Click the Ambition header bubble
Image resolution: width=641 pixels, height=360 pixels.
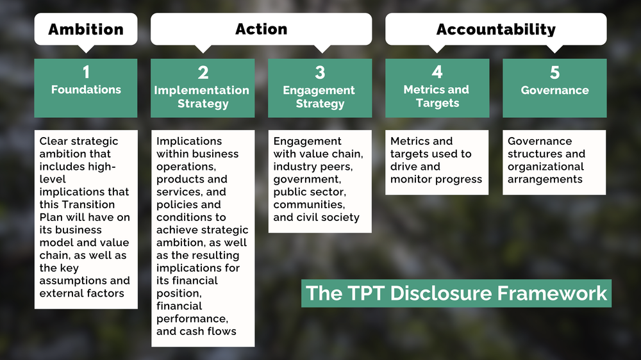[85, 29]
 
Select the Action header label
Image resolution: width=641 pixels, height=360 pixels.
[261, 29]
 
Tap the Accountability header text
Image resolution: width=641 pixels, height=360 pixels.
[495, 29]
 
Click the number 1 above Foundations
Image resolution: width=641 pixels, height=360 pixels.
[85, 72]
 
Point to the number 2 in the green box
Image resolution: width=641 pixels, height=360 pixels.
[203, 72]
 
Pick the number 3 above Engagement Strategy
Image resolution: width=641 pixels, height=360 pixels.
[320, 72]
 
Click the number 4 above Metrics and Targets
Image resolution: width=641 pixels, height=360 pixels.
[437, 72]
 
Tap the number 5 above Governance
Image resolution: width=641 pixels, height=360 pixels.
[554, 72]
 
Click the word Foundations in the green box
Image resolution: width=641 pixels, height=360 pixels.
[86, 90]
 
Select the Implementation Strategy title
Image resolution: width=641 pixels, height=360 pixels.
[202, 97]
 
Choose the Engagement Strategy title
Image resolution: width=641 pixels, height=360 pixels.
[319, 97]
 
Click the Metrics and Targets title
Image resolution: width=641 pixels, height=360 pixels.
[437, 96]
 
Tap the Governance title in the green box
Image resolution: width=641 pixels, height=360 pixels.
[554, 90]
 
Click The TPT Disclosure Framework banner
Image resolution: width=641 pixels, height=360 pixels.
[456, 293]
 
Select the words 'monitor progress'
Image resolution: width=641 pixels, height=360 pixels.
[436, 179]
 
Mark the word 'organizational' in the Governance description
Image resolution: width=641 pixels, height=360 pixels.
[546, 167]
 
